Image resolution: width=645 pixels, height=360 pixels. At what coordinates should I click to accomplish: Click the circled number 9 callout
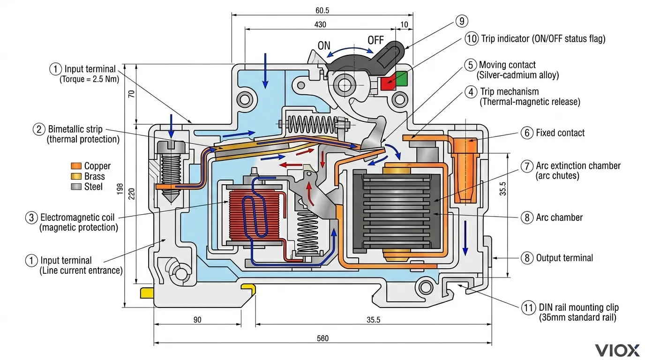tap(461, 21)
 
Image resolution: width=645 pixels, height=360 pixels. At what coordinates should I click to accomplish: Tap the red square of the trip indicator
tap(387, 83)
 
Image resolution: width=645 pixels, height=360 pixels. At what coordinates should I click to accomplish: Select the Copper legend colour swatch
tap(76, 166)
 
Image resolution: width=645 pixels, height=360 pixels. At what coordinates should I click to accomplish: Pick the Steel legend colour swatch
tap(76, 187)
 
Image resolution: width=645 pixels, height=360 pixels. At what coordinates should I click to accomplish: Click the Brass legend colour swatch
tap(76, 177)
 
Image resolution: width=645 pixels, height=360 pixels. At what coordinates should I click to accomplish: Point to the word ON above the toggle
tap(324, 46)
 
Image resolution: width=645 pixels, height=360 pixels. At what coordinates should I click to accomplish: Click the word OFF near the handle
tap(375, 40)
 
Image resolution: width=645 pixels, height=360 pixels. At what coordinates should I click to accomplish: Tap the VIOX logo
tap(617, 350)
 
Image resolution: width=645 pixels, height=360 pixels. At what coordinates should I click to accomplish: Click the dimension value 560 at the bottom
tap(322, 338)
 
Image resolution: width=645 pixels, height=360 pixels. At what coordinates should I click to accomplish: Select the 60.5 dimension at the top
tap(322, 9)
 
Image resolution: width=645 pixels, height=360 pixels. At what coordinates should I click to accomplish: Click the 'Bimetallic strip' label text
tap(75, 129)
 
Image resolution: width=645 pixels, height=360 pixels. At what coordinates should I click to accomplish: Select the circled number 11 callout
tap(528, 308)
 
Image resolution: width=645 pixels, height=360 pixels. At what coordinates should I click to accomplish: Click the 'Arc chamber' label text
tap(559, 217)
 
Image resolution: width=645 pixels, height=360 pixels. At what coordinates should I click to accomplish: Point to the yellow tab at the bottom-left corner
tap(147, 293)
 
